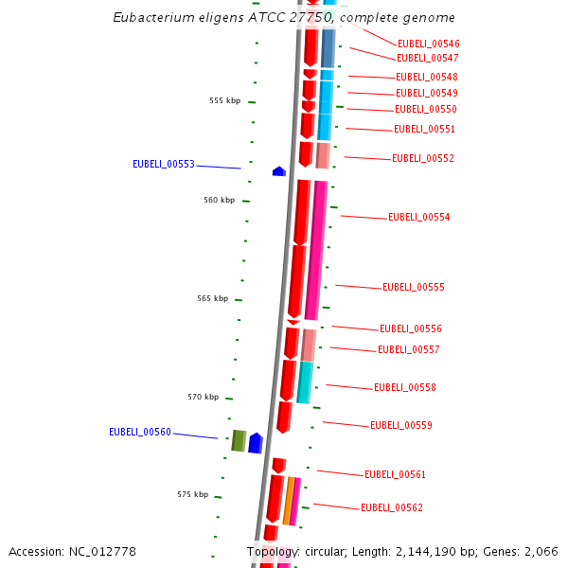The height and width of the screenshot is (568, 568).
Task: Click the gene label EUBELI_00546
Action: click(x=429, y=44)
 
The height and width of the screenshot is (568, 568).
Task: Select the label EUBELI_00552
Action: click(x=423, y=158)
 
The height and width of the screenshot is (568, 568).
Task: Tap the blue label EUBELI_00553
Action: click(x=164, y=164)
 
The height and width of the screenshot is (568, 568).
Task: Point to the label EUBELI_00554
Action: click(x=419, y=217)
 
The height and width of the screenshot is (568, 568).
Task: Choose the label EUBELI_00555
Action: click(x=414, y=287)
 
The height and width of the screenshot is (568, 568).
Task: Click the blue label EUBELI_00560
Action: click(x=140, y=432)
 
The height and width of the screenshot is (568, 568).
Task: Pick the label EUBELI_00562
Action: click(x=392, y=507)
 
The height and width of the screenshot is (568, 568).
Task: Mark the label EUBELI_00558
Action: click(x=405, y=387)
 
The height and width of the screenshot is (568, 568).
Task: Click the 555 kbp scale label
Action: click(x=225, y=100)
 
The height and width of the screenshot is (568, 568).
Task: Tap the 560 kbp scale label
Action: click(x=219, y=200)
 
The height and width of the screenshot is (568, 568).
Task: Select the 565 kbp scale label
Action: click(x=213, y=298)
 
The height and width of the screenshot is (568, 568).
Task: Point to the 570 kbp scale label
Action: click(x=204, y=397)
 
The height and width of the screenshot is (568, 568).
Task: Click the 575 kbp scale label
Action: click(x=193, y=494)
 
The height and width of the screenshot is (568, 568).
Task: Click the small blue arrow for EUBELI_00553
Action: click(x=279, y=171)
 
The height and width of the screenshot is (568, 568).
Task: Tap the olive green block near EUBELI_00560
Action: click(x=240, y=440)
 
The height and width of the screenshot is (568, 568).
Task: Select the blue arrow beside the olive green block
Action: click(x=256, y=442)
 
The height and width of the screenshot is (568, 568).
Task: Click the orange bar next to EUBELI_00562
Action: click(x=289, y=500)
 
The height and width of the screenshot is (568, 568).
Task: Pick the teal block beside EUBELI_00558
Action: click(x=305, y=382)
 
